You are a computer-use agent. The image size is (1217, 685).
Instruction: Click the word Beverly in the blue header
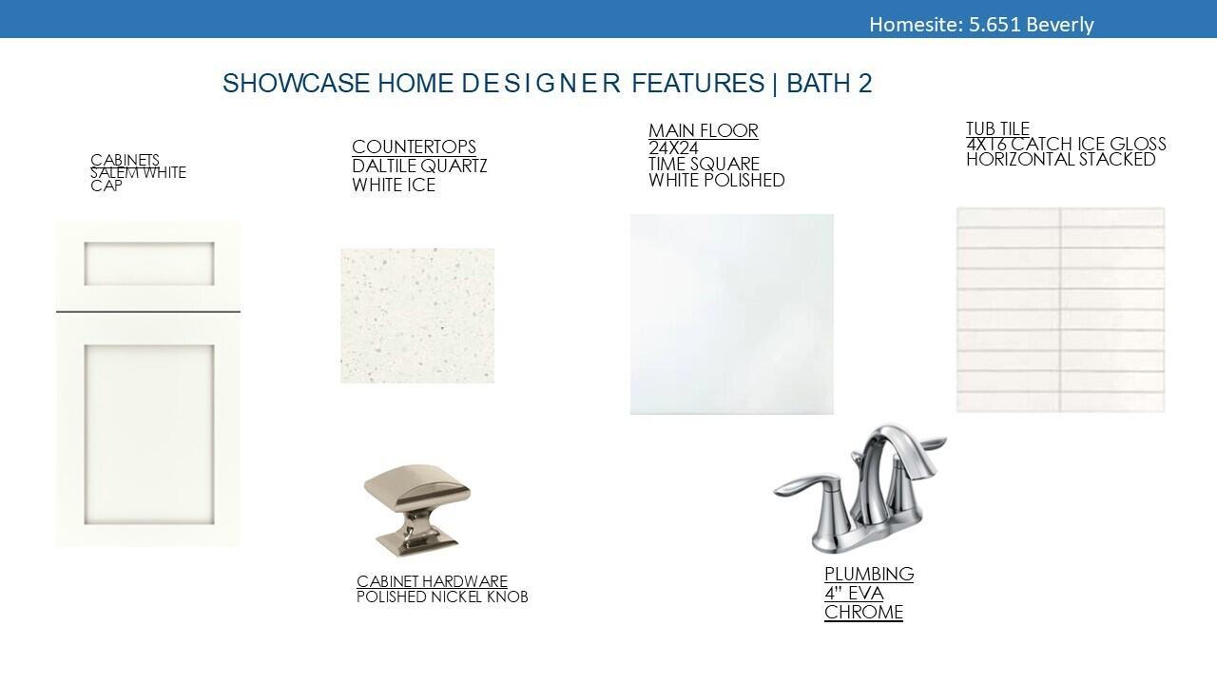point(1060,25)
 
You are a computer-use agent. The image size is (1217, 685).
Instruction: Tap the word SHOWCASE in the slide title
point(296,83)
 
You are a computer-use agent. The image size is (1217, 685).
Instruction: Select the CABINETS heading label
point(125,160)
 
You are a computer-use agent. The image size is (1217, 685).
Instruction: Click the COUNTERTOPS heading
point(414,147)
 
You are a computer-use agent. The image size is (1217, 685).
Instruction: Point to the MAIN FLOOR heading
point(704,130)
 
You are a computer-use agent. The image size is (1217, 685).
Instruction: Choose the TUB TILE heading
point(997,128)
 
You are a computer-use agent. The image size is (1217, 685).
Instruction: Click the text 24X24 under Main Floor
point(674,147)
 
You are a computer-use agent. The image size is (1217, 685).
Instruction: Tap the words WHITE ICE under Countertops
point(394,185)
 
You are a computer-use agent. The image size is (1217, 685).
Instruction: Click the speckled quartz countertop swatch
point(417,316)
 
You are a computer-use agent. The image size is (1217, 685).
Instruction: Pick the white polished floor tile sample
point(732,314)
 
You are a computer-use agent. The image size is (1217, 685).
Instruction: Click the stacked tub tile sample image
point(1060,309)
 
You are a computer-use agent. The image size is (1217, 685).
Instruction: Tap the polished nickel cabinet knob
point(417,510)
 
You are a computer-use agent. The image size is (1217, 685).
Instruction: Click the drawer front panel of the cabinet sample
point(149,264)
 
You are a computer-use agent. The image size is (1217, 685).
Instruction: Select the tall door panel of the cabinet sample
point(149,435)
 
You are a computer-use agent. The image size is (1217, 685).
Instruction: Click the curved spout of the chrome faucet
point(897,446)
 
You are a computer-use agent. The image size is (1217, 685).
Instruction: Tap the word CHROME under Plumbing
point(864,612)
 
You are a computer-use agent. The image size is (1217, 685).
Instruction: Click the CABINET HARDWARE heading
point(432,581)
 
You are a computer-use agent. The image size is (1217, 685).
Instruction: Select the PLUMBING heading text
point(869,574)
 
